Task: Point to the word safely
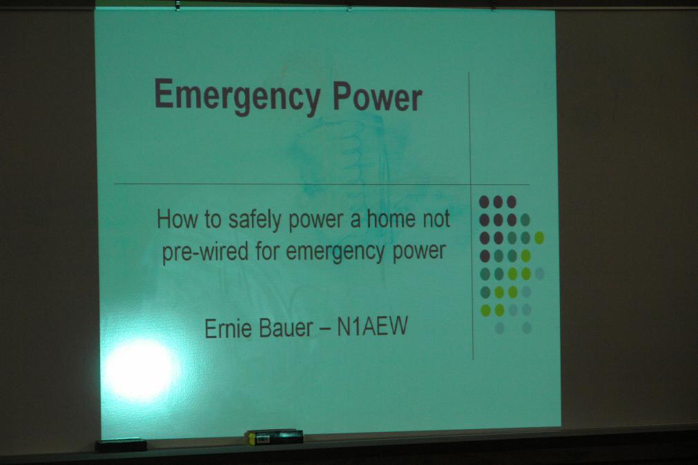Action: click(x=255, y=220)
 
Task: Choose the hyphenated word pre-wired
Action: click(x=205, y=253)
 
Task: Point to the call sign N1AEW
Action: click(x=372, y=326)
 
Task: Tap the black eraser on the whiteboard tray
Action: click(x=121, y=445)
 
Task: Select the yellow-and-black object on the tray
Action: click(x=275, y=437)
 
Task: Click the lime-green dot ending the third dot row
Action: click(x=539, y=237)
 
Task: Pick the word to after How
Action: click(x=213, y=220)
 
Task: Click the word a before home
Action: click(x=356, y=221)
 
